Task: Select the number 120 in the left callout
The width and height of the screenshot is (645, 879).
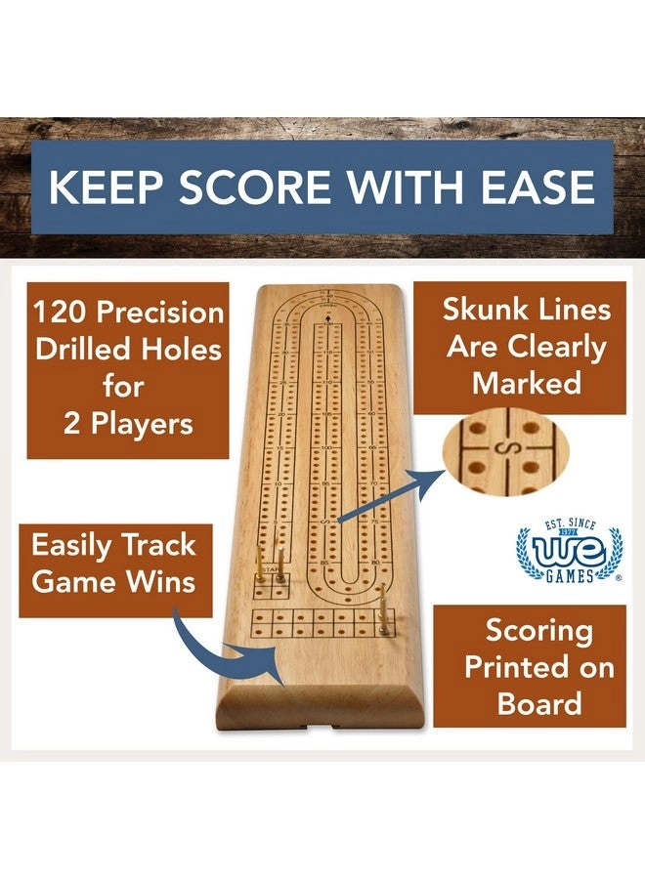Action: click(65, 313)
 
